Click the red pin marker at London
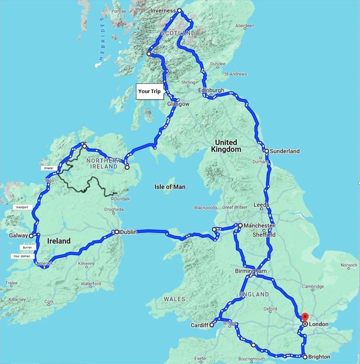coord(305,317)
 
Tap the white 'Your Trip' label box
coord(149,91)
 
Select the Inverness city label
coord(163,10)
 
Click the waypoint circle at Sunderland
coord(266,151)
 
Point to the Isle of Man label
coord(170,187)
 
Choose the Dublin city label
coord(128,232)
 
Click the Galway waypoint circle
coord(31,236)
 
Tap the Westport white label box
coord(23,207)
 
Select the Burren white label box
coord(26,247)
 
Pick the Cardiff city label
coord(199,325)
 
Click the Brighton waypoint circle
coord(305,357)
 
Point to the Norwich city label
coord(349,265)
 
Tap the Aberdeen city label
coord(245,26)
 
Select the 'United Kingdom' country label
coord(225,146)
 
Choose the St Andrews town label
coord(235,74)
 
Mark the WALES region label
coord(174,299)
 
